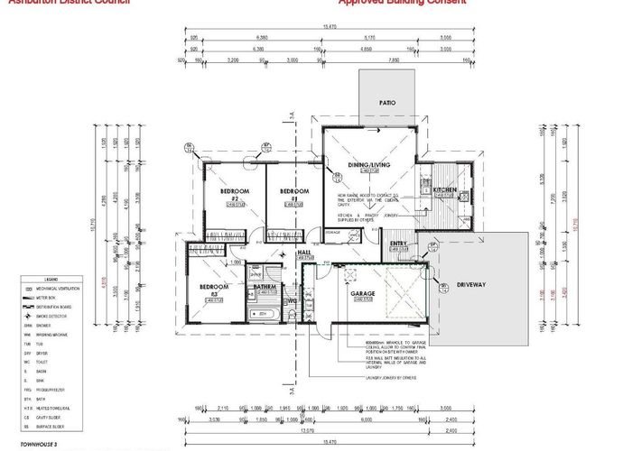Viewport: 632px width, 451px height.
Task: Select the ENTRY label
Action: [398, 244]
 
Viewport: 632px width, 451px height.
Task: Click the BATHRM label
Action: [265, 288]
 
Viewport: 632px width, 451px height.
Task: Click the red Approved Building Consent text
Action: [403, 3]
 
